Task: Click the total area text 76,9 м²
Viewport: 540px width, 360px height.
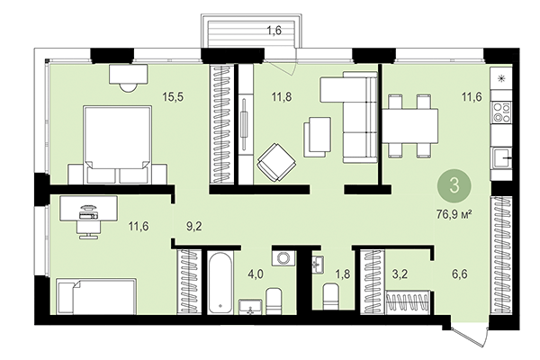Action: (454, 214)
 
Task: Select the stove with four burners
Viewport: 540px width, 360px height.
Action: (501, 113)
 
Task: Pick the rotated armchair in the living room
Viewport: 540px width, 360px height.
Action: (275, 163)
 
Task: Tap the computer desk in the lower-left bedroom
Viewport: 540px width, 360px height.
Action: (88, 211)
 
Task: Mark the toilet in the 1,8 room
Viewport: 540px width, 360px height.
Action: (331, 297)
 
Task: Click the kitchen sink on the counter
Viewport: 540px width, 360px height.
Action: (503, 163)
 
